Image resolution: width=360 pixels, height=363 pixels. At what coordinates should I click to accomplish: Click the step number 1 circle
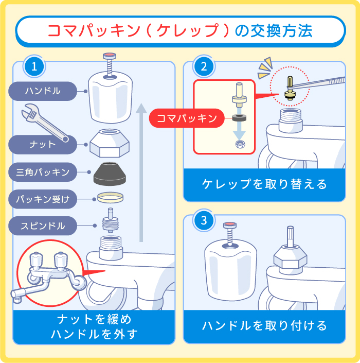point(34,66)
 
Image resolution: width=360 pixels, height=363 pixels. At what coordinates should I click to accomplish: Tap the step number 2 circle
point(204,66)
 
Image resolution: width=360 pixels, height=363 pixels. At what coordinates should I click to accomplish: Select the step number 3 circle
point(204,221)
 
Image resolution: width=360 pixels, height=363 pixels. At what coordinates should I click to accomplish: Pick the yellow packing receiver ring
point(110,198)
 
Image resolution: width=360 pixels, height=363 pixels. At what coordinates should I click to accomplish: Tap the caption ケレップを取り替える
point(264,184)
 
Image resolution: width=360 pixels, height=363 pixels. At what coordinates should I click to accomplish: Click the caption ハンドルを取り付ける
point(264,325)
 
